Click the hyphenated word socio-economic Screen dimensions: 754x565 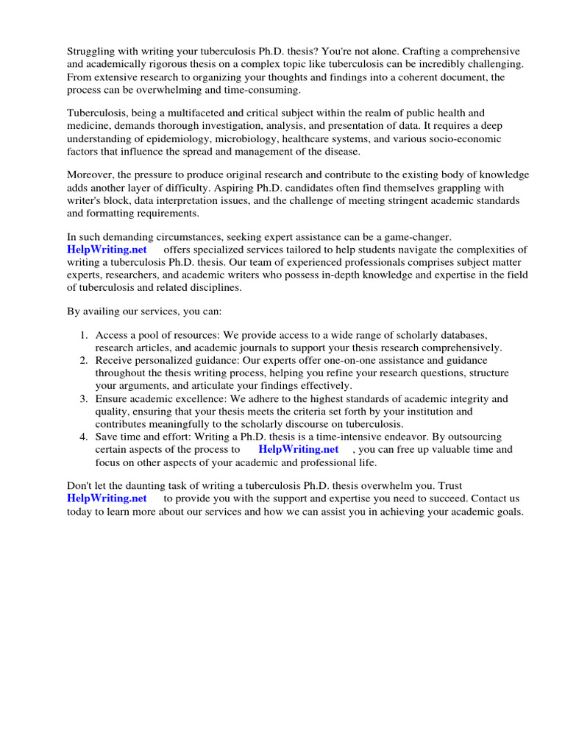(464, 139)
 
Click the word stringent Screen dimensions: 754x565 (384, 201)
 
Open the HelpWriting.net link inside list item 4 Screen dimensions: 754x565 (298, 449)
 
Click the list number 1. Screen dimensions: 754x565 (84, 335)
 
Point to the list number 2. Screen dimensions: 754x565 (84, 360)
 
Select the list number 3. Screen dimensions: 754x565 (84, 399)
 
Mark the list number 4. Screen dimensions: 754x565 (84, 437)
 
